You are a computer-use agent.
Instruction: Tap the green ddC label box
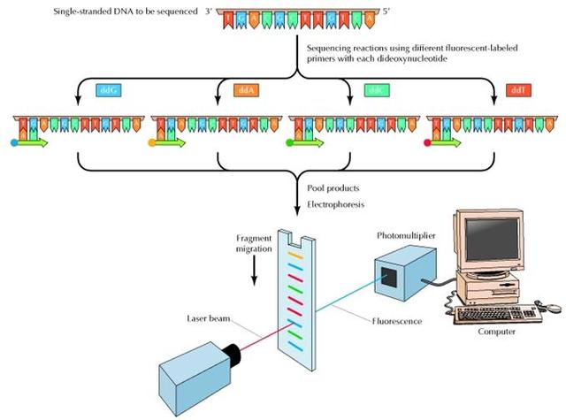(x=375, y=89)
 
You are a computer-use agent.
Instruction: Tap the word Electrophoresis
(x=335, y=203)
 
